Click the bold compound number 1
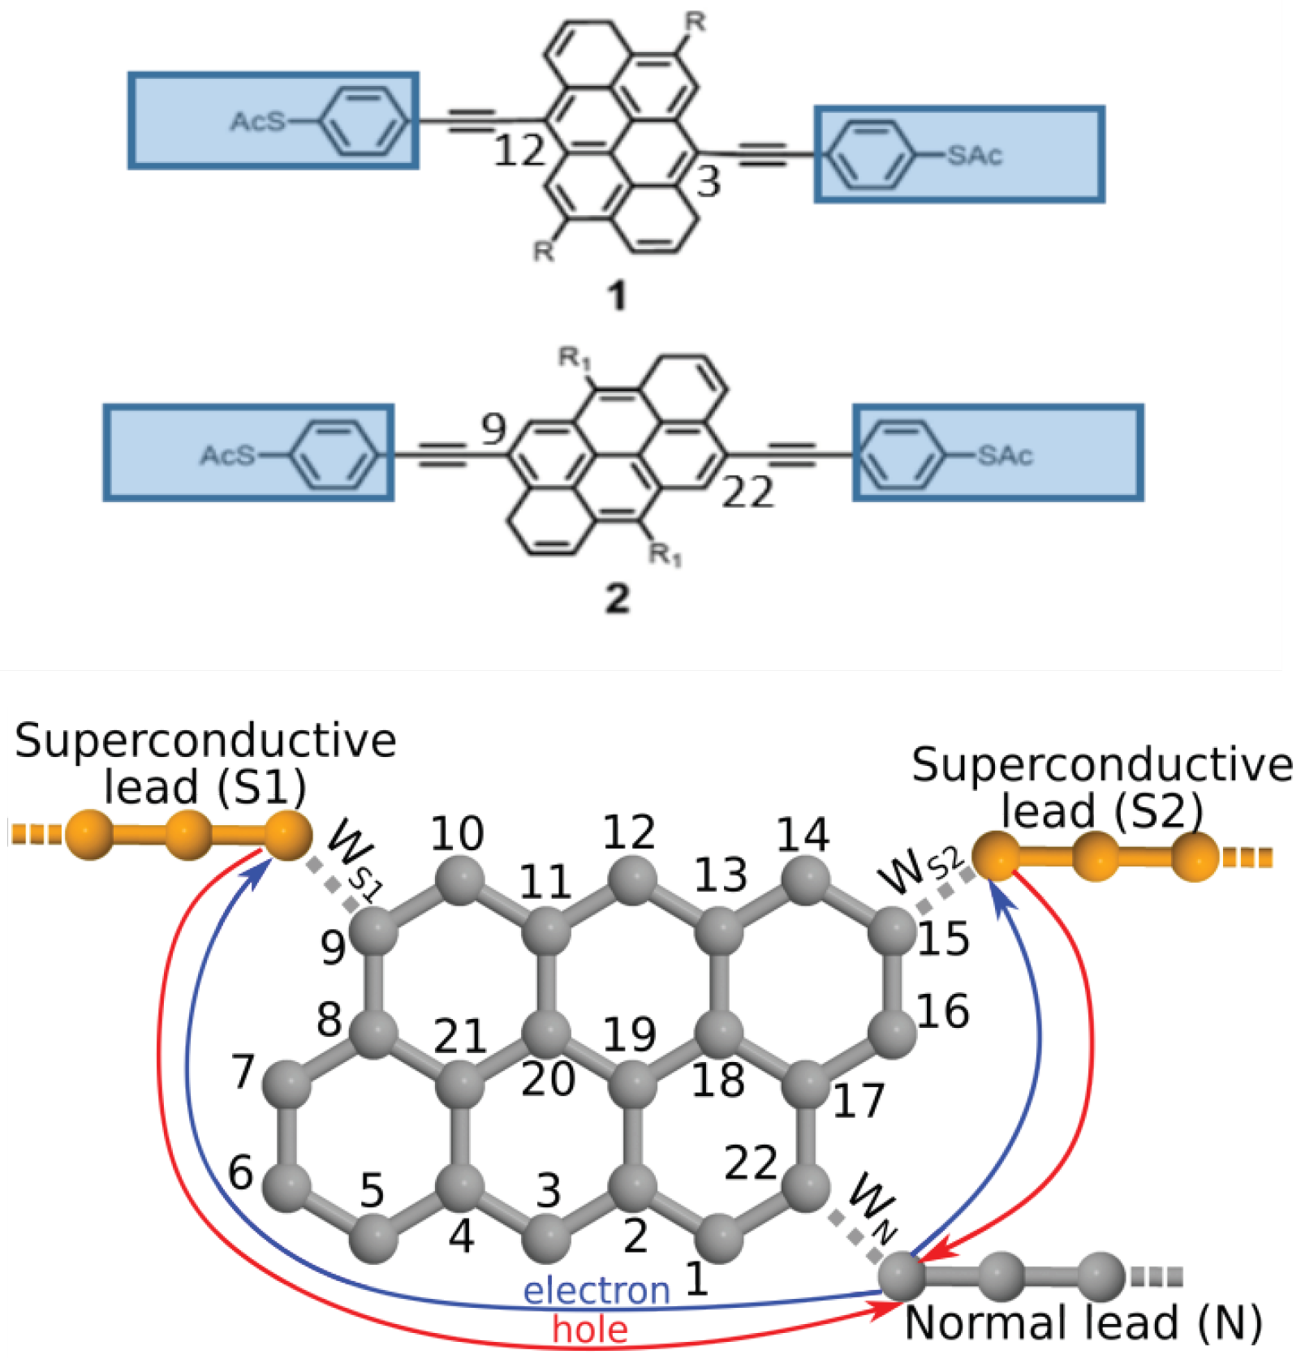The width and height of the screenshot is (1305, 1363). point(618,295)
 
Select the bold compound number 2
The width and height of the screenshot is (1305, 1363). point(618,599)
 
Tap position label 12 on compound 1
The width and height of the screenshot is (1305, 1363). point(519,151)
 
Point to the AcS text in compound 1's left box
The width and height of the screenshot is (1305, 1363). point(258,122)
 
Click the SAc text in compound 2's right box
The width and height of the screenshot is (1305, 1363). point(1005,455)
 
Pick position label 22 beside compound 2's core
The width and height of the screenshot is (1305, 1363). point(747,492)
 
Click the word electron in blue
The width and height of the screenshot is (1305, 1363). point(597,1290)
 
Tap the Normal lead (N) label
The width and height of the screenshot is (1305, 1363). point(1083,1323)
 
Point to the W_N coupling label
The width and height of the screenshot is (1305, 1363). point(872,1208)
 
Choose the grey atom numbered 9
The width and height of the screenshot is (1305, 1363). point(374,931)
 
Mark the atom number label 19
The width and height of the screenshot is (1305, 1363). point(629,1034)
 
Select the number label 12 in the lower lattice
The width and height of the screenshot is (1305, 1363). point(629,832)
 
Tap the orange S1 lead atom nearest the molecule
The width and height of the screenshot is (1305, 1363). point(286,834)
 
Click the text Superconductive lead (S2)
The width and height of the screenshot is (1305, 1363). point(1101,787)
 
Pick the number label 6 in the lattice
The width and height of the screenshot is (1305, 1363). point(240,1172)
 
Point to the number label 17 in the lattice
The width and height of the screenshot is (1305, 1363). point(859,1100)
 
